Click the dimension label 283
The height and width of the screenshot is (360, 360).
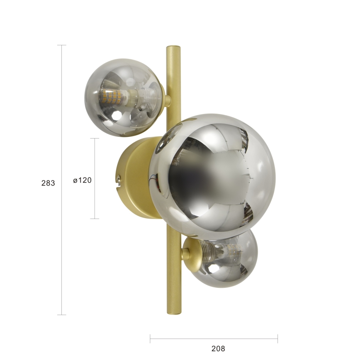pos(48,182)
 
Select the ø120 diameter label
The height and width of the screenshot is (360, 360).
pos(82,180)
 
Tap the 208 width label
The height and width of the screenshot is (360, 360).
pos(218,348)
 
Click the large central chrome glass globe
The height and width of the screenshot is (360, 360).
pos(212,178)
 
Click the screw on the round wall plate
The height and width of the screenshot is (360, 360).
pos(119,179)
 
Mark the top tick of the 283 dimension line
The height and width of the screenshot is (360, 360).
pos(61,45)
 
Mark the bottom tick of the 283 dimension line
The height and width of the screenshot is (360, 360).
pos(61,315)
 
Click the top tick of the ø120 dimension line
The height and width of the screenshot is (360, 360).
pos(95,139)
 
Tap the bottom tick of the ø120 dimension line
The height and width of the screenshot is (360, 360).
pos(95,219)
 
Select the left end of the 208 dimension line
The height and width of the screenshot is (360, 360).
pos(150,338)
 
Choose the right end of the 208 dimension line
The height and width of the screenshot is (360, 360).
pos(277,338)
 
